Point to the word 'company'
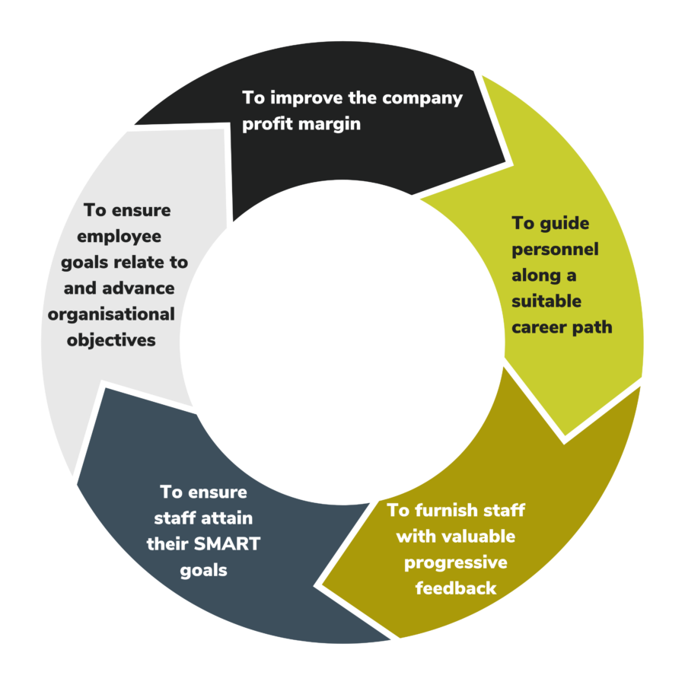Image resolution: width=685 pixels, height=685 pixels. pos(422,99)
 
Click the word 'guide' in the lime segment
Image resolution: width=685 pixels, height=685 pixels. pos(565,224)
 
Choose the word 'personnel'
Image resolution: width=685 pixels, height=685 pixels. pos(555,250)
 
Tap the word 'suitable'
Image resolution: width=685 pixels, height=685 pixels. pos(546,301)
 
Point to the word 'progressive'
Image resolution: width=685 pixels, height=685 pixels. pos(456,563)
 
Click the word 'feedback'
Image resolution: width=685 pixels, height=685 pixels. pos(456,588)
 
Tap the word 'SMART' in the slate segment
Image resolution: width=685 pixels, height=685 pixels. pos(227,544)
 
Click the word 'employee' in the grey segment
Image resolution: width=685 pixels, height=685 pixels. pos(119,237)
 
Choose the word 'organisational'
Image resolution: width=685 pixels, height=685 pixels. pos(111,315)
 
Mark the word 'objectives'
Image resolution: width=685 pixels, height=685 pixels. pos(111,341)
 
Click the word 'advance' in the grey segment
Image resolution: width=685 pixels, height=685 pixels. pos(138,288)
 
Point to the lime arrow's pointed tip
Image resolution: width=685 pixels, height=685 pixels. pos(565,435)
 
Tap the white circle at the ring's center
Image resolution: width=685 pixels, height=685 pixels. pos(342,342)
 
